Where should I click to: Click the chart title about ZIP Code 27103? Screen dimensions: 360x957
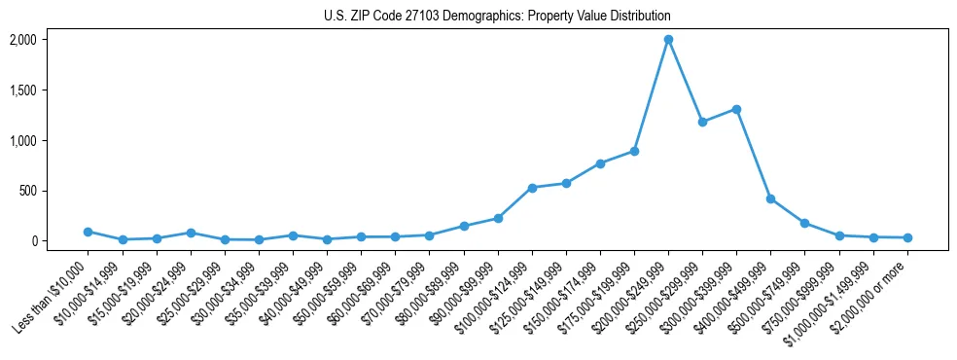pyautogui.click(x=497, y=17)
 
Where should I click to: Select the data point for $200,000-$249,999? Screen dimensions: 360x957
pyautogui.click(x=668, y=40)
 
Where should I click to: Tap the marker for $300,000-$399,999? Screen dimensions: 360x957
pyautogui.click(x=736, y=109)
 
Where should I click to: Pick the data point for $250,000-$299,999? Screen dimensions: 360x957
pyautogui.click(x=702, y=122)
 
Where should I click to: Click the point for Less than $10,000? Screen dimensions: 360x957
pyautogui.click(x=89, y=232)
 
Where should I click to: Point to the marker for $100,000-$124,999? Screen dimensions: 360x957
pyautogui.click(x=532, y=188)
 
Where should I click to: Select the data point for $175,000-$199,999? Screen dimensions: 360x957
pyautogui.click(x=634, y=151)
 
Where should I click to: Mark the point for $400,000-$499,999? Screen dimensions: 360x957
pyautogui.click(x=770, y=198)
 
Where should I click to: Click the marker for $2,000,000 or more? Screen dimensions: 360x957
pyautogui.click(x=907, y=237)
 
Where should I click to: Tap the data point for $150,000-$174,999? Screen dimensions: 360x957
pyautogui.click(x=600, y=163)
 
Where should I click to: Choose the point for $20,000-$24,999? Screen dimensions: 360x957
pyautogui.click(x=191, y=233)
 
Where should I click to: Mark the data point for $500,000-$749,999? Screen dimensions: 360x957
pyautogui.click(x=804, y=223)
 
